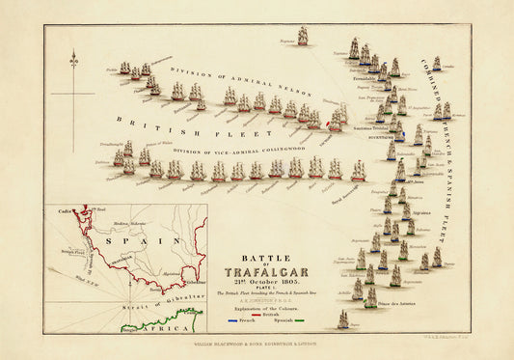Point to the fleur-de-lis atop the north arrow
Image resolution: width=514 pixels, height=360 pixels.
74,61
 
